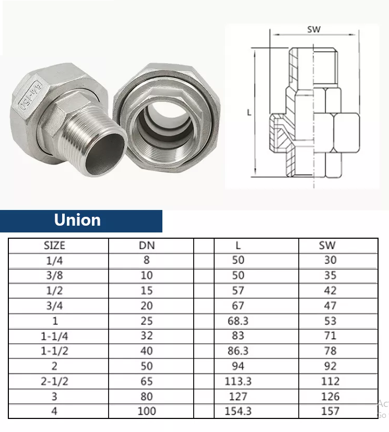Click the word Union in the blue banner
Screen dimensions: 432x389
(x=77, y=220)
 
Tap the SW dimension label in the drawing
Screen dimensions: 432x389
(x=314, y=29)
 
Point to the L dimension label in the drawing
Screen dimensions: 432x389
(x=249, y=112)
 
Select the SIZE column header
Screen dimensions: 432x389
(x=54, y=245)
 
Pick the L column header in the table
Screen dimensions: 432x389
(x=238, y=245)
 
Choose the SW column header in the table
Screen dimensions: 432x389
(x=327, y=245)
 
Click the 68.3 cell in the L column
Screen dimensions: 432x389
(x=238, y=321)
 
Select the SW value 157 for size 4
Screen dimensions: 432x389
(x=330, y=411)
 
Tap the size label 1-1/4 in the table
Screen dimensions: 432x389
(x=54, y=336)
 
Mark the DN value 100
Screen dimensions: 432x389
(x=147, y=411)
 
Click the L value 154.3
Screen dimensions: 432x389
(x=238, y=411)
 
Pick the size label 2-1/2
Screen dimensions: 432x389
(x=54, y=381)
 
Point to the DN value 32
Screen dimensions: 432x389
(x=147, y=336)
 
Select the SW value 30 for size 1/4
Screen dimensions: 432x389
(x=330, y=260)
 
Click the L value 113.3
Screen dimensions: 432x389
(x=238, y=381)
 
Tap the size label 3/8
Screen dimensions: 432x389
(x=54, y=275)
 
